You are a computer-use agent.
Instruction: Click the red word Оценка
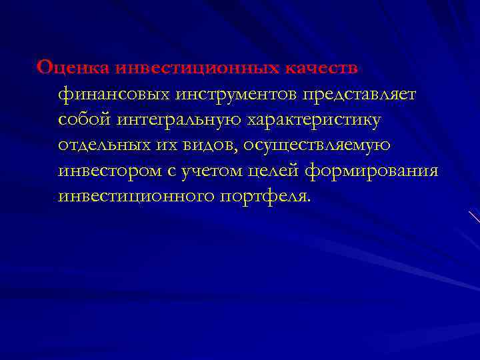[73, 68]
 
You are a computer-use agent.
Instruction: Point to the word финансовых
[114, 94]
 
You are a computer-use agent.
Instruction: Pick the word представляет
[359, 94]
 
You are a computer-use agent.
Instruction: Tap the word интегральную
[186, 120]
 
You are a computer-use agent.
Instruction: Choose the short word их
[165, 145]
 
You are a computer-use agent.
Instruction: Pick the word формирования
[372, 171]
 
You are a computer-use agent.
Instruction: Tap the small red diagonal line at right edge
[474, 217]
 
